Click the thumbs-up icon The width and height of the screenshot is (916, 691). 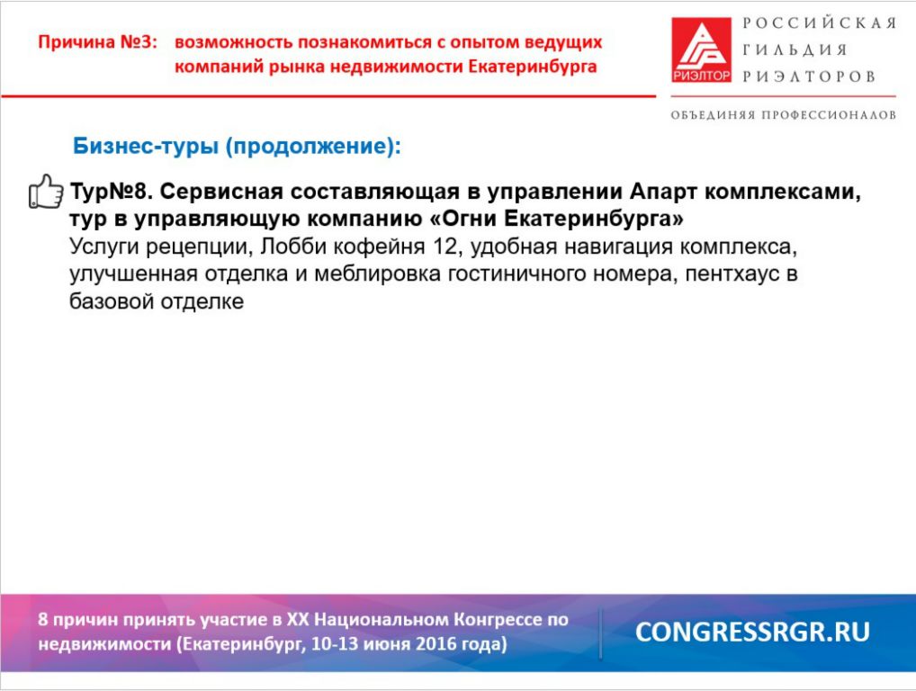pyautogui.click(x=46, y=192)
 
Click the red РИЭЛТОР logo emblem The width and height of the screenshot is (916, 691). pyautogui.click(x=701, y=49)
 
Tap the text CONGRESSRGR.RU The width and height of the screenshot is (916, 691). pyautogui.click(x=752, y=632)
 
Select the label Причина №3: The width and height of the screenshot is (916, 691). pyautogui.click(x=98, y=42)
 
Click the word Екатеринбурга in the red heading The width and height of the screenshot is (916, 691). pyautogui.click(x=533, y=67)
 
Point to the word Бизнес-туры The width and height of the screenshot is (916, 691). pyautogui.click(x=146, y=146)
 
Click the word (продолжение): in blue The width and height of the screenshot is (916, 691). pyautogui.click(x=314, y=147)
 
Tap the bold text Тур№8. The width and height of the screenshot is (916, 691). pyautogui.click(x=111, y=192)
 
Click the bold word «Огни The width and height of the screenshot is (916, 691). pyautogui.click(x=462, y=219)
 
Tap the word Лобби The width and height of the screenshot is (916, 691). pyautogui.click(x=293, y=247)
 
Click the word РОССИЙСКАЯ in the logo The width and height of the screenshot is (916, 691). pyautogui.click(x=820, y=23)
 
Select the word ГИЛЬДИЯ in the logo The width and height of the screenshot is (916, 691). pyautogui.click(x=795, y=50)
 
